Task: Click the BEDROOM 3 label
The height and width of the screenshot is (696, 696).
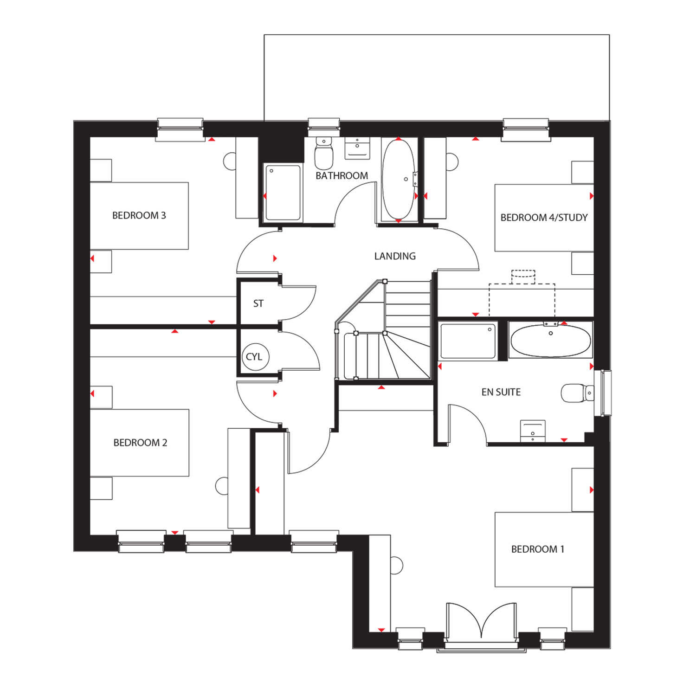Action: click(x=139, y=215)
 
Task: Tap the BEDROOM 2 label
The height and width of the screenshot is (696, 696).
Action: click(x=140, y=443)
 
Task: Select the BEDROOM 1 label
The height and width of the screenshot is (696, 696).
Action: click(x=538, y=549)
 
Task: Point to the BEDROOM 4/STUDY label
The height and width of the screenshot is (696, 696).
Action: click(x=544, y=218)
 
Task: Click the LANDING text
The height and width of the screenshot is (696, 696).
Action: click(x=395, y=256)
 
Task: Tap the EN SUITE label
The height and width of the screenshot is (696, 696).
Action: click(x=501, y=392)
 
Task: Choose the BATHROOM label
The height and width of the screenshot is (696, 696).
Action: click(x=342, y=176)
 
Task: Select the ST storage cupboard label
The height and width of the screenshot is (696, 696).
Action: click(x=258, y=303)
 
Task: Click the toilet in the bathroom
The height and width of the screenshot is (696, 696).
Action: click(x=324, y=154)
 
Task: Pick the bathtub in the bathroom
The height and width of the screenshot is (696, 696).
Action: click(x=398, y=180)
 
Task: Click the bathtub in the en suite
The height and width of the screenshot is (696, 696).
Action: click(x=551, y=340)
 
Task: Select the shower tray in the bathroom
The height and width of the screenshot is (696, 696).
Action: click(x=283, y=193)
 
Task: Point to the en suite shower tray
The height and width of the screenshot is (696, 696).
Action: click(x=468, y=341)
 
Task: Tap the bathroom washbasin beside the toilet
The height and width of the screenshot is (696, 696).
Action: click(x=357, y=148)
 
